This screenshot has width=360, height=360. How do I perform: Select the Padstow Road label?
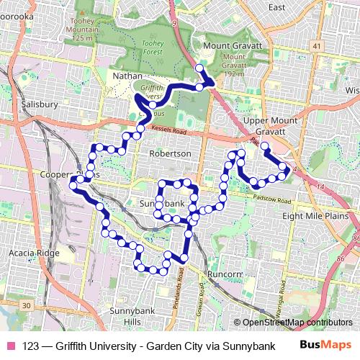(272, 191)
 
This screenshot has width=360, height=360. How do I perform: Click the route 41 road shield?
(316, 45)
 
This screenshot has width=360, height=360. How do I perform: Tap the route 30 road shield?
(27, 306)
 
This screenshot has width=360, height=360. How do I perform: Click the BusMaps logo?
(326, 345)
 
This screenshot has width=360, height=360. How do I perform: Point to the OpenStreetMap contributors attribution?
(297, 322)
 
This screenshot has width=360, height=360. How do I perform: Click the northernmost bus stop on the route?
(199, 68)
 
